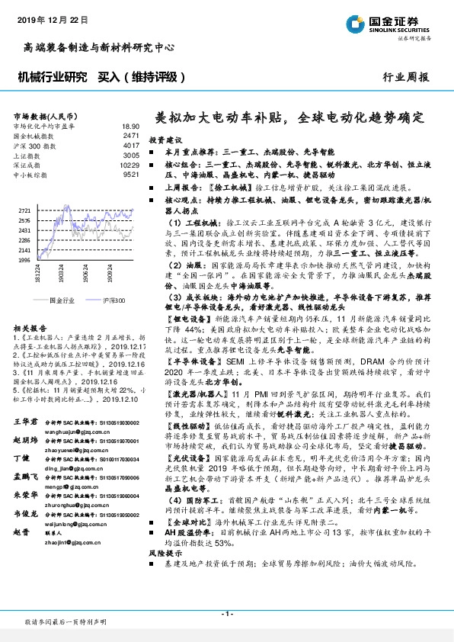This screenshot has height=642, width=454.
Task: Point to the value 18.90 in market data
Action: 130,125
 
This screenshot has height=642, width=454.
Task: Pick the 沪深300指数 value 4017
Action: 130,145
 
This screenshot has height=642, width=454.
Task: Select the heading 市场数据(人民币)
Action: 44,115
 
